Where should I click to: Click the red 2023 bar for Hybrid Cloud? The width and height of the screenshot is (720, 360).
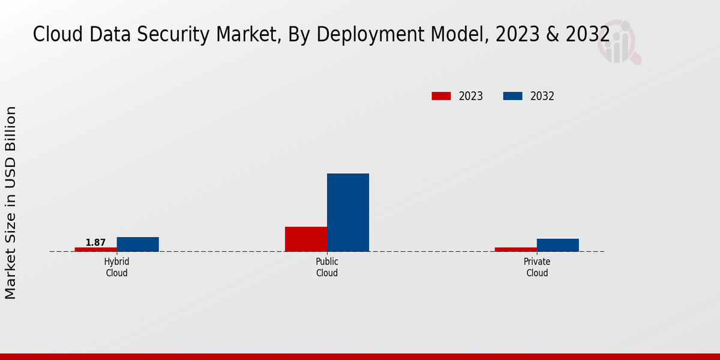pyautogui.click(x=96, y=249)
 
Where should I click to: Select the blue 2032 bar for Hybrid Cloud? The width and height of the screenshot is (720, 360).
pyautogui.click(x=138, y=244)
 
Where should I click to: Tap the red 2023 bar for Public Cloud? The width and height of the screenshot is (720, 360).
pyautogui.click(x=306, y=239)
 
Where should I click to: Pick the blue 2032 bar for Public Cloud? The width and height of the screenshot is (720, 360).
pyautogui.click(x=348, y=212)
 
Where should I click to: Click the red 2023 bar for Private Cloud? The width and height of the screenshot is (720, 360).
pyautogui.click(x=516, y=249)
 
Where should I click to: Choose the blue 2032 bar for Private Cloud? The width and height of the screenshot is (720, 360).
pyautogui.click(x=558, y=245)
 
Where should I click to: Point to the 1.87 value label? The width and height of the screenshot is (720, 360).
pyautogui.click(x=95, y=242)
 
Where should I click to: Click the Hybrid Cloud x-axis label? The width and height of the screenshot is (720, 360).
pyautogui.click(x=117, y=268)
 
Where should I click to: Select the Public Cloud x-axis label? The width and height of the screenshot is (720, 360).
pyautogui.click(x=327, y=268)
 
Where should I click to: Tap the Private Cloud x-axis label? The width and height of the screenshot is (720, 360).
pyautogui.click(x=537, y=268)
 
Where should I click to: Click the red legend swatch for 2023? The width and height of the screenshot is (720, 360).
pyautogui.click(x=441, y=96)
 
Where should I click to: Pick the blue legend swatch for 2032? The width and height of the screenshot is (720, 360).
pyautogui.click(x=512, y=96)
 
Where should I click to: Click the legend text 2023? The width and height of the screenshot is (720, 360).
pyautogui.click(x=471, y=96)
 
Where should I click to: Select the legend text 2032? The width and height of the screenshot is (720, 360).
pyautogui.click(x=542, y=96)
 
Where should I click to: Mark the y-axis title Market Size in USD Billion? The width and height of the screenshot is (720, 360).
pyautogui.click(x=11, y=203)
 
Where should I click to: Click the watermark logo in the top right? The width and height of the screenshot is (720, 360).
pyautogui.click(x=619, y=42)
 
